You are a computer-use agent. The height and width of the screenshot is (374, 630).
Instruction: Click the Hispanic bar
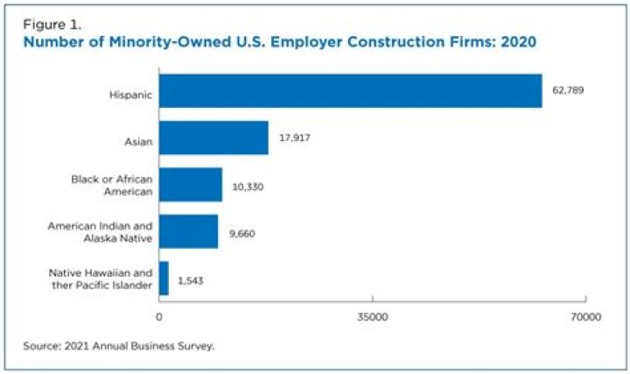pos(350,90)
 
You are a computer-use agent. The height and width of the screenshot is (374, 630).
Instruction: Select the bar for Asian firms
pos(213,138)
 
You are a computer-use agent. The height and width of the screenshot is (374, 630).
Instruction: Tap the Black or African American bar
pos(190,185)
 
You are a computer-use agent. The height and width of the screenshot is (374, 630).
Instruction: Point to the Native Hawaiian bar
pos(164,279)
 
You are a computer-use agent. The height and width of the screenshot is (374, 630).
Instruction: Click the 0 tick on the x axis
pos(159,317)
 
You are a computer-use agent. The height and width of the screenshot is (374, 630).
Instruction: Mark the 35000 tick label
pos(373,317)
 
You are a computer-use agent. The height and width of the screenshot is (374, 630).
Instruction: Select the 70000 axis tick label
pos(585,317)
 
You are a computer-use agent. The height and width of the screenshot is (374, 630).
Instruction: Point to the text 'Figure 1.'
pos(50,24)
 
